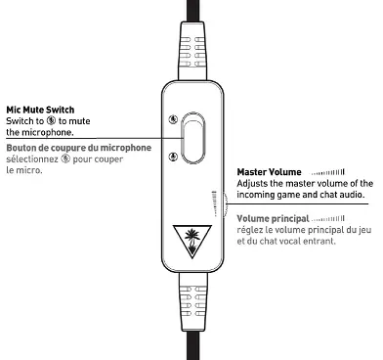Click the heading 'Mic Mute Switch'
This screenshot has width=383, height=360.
(39, 110)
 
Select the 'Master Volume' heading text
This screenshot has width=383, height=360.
(268, 172)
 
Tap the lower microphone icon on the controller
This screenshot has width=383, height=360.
(172, 157)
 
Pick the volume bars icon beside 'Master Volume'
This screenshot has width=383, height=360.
(329, 173)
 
